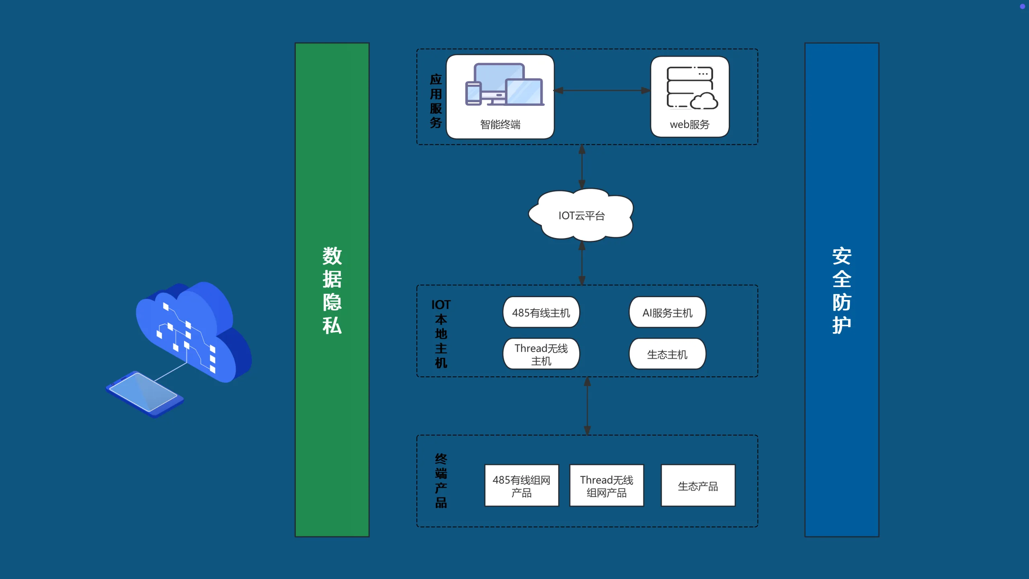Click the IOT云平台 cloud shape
pyautogui.click(x=581, y=216)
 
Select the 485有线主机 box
pyautogui.click(x=541, y=312)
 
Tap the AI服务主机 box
pyautogui.click(x=667, y=312)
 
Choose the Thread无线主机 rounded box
pyautogui.click(x=541, y=354)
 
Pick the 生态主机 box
pyautogui.click(x=667, y=354)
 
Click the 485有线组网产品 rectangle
pyautogui.click(x=521, y=485)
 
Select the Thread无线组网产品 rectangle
pyautogui.click(x=607, y=485)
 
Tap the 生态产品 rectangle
pyautogui.click(x=698, y=485)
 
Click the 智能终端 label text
pyautogui.click(x=500, y=124)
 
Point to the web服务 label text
pyautogui.click(x=690, y=124)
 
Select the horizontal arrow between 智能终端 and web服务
pyautogui.click(x=602, y=90)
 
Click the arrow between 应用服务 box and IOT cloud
pyautogui.click(x=582, y=166)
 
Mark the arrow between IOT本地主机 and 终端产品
pyautogui.click(x=587, y=406)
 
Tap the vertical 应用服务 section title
pyautogui.click(x=436, y=101)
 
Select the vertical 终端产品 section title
pyautogui.click(x=441, y=481)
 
